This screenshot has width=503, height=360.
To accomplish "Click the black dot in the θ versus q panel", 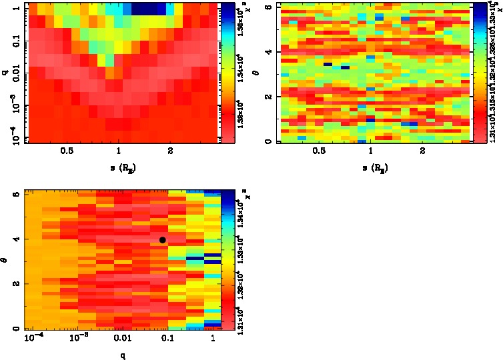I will (x=163, y=239).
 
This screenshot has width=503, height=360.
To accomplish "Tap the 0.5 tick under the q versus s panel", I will (x=67, y=151).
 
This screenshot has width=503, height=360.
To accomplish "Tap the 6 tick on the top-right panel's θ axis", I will (x=266, y=6).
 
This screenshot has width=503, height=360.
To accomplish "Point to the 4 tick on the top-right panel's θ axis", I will (x=266, y=51).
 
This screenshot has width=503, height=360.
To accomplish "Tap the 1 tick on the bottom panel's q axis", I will (x=212, y=339).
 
